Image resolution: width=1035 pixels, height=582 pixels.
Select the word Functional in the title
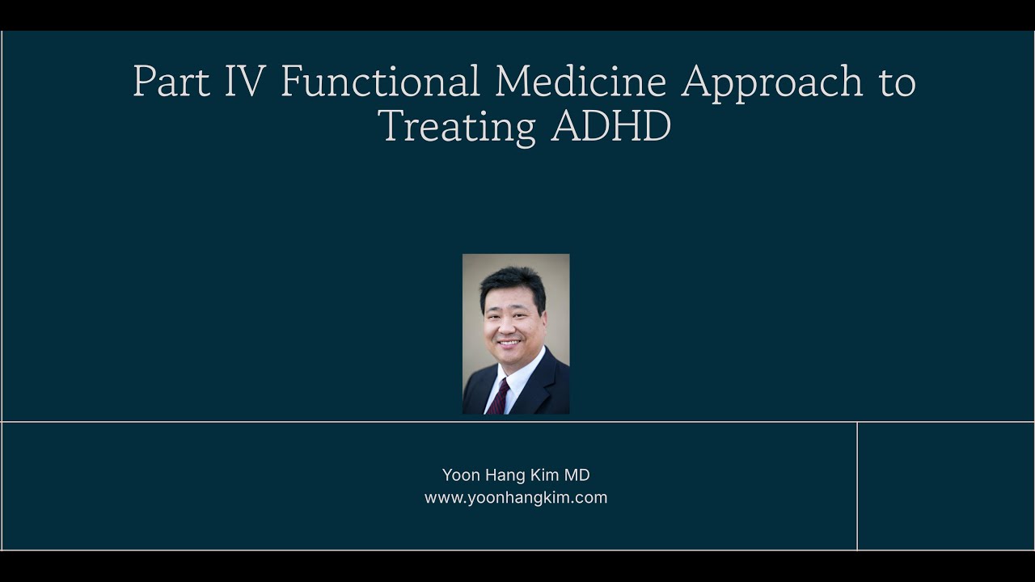click(380, 82)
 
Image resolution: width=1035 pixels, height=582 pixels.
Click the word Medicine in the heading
click(581, 82)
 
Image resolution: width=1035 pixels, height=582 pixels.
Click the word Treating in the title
click(457, 126)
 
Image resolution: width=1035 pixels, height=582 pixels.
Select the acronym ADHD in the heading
click(611, 126)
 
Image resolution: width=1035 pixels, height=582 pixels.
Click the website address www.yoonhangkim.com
click(516, 498)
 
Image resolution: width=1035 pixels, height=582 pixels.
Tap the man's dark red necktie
click(499, 397)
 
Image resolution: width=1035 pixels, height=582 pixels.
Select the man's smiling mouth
click(509, 344)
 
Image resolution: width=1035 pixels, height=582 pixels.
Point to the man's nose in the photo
click(508, 325)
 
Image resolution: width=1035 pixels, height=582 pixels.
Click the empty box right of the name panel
click(944, 485)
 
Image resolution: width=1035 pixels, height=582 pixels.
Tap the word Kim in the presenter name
click(547, 475)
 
